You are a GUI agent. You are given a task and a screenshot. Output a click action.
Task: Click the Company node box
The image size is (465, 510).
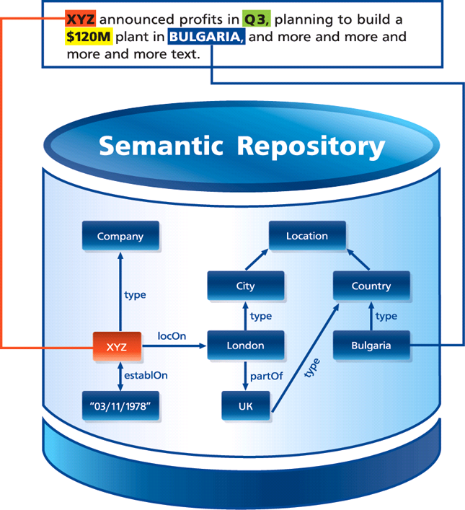[x=120, y=236]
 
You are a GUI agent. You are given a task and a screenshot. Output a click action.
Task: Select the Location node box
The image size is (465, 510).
[x=306, y=236]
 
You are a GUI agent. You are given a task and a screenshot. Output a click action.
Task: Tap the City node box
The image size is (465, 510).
[x=245, y=286]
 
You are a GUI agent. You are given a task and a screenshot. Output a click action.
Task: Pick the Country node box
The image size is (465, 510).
[x=371, y=286]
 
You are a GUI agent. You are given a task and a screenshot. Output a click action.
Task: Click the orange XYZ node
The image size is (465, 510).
[x=117, y=346]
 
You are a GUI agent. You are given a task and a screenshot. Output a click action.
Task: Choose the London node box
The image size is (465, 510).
[x=245, y=346]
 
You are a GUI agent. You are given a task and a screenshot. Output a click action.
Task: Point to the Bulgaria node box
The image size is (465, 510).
[x=371, y=346]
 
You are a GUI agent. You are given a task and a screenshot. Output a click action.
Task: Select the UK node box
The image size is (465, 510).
[x=246, y=406]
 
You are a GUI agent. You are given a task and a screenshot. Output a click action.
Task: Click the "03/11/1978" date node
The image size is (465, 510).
[x=120, y=406]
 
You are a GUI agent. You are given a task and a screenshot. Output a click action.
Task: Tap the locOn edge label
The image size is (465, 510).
[x=172, y=335]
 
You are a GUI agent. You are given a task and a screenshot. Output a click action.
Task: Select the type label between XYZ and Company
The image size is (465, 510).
[x=135, y=294]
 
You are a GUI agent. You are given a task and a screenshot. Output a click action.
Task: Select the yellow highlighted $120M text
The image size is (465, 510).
[x=86, y=37]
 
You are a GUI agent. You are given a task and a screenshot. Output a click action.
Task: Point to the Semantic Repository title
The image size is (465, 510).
[x=242, y=146]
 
